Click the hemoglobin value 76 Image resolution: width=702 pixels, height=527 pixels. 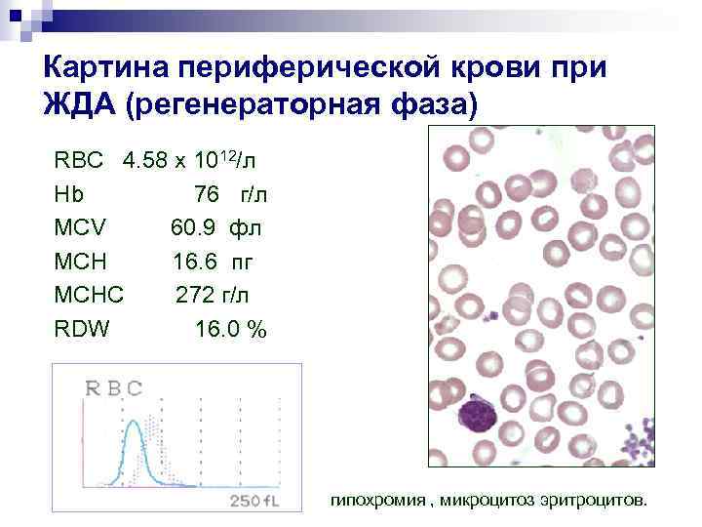[206, 193]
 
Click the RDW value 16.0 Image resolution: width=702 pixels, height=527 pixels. [215, 329]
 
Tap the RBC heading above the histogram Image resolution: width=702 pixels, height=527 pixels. [114, 387]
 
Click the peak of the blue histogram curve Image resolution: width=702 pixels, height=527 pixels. [138, 423]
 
